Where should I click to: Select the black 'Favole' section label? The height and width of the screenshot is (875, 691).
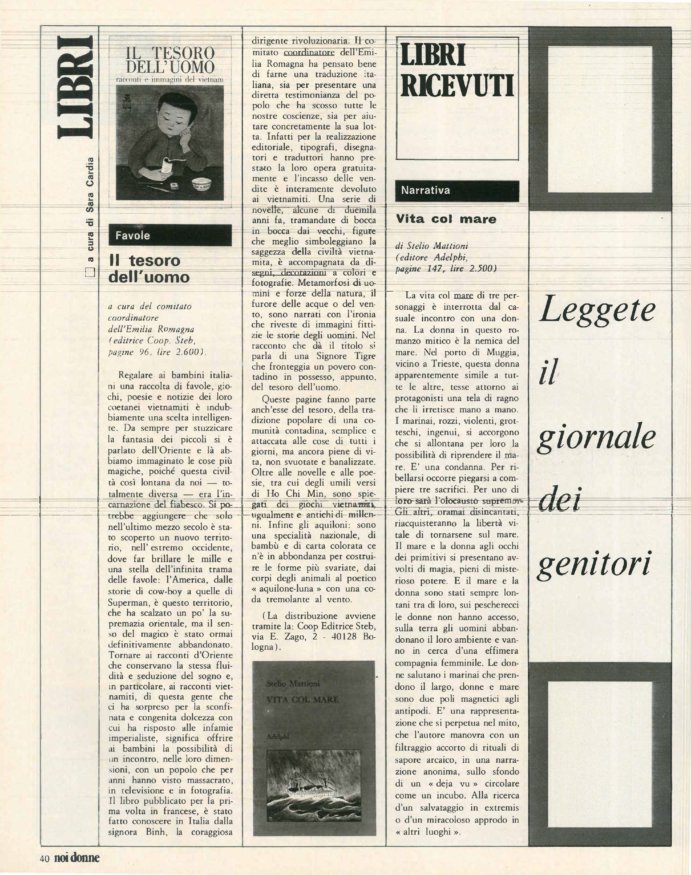[170, 235]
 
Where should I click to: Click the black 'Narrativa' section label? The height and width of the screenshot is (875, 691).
[457, 191]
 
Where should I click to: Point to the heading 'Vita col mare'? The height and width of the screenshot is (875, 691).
[446, 219]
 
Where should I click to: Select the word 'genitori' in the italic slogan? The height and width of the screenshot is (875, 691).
[594, 563]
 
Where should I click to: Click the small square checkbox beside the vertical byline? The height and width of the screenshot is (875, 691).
[90, 272]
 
